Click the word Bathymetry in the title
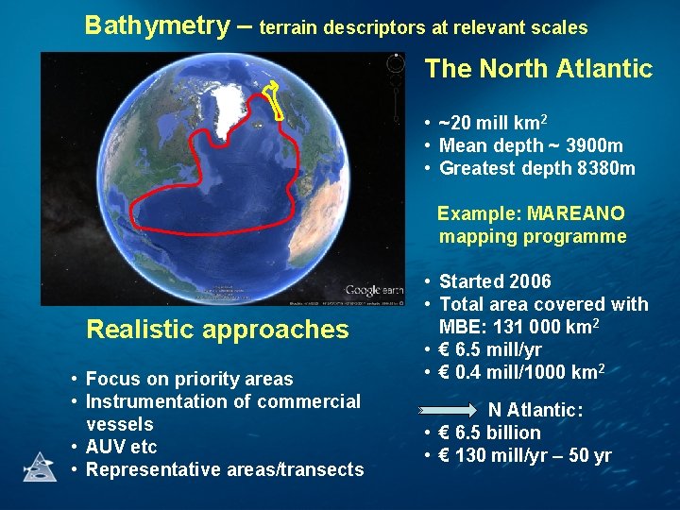(x=156, y=25)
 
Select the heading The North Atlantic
(x=538, y=69)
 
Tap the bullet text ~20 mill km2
(x=493, y=124)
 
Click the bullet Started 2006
(x=495, y=281)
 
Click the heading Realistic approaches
(x=217, y=330)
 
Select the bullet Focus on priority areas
(x=189, y=380)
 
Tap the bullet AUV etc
(x=121, y=447)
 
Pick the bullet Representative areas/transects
(x=224, y=469)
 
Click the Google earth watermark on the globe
(x=363, y=290)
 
